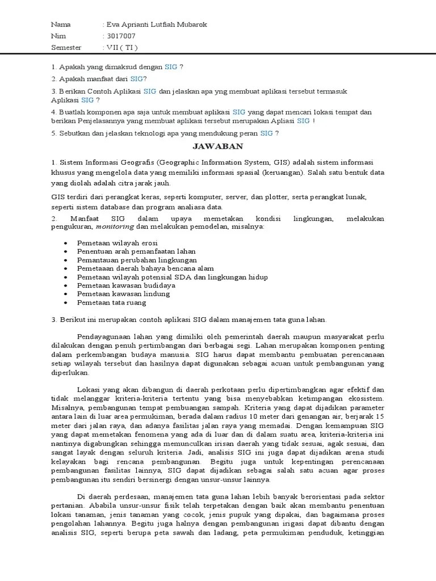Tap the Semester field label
pyautogui.click(x=66, y=47)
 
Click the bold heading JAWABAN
pyautogui.click(x=217, y=146)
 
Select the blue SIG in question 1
pyautogui.click(x=171, y=67)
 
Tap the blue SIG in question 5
pyautogui.click(x=266, y=133)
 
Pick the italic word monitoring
pyautogui.click(x=115, y=226)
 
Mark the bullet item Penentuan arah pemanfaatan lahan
pyautogui.click(x=136, y=251)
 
